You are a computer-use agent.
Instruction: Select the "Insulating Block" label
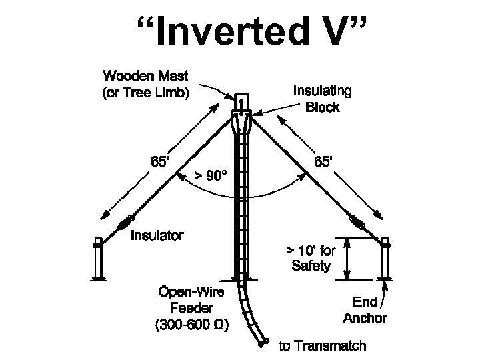323,99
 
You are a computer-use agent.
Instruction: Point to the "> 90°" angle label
211,176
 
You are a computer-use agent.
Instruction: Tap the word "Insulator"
157,235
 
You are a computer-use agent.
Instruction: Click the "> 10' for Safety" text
311,259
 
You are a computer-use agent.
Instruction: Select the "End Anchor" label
365,310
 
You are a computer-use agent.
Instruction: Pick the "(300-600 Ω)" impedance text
191,326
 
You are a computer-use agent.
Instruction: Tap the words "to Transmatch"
321,345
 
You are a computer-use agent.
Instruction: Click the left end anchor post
99,260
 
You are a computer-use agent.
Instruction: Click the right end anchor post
385,260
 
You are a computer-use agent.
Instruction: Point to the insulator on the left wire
125,223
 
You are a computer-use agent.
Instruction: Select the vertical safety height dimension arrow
347,259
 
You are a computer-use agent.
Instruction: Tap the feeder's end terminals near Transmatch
262,343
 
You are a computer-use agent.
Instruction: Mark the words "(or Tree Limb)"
145,93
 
